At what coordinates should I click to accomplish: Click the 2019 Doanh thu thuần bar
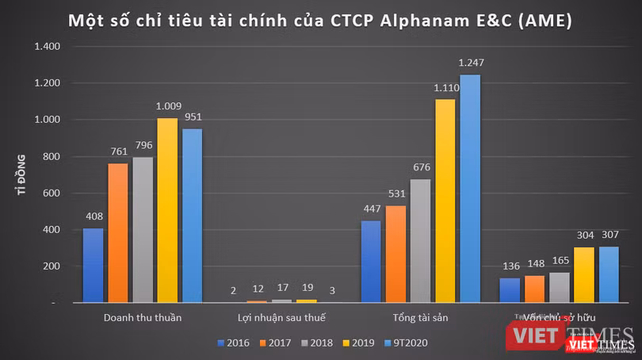[x=167, y=211]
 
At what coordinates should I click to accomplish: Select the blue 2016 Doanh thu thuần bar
[x=93, y=266]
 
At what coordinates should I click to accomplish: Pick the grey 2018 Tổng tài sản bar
[x=420, y=241]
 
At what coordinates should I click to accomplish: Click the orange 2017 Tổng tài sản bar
[x=396, y=255]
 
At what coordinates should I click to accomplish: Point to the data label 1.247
[x=471, y=62]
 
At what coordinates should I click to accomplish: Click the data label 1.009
[x=167, y=105]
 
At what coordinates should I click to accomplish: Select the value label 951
[x=192, y=117]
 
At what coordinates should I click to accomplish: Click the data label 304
[x=584, y=235]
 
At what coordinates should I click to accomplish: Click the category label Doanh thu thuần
[x=143, y=318]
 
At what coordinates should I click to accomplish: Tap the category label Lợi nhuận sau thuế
[x=281, y=318]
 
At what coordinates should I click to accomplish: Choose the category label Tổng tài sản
[x=420, y=318]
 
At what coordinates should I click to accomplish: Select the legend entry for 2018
[x=315, y=343]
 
